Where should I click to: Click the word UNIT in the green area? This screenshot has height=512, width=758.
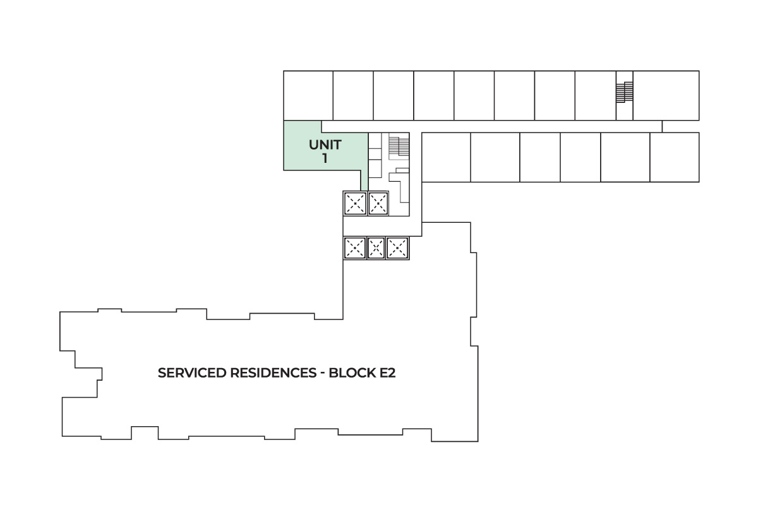[x=325, y=145]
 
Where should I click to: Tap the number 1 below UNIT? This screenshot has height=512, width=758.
[x=325, y=158]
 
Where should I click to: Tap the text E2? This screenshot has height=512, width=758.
[x=388, y=372]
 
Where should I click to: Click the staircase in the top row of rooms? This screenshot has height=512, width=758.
[x=624, y=93]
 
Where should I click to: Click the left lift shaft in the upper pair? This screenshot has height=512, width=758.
[x=354, y=203]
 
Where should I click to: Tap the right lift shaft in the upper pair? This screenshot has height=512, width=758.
[x=378, y=203]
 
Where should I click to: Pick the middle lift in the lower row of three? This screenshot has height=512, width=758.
[x=376, y=248]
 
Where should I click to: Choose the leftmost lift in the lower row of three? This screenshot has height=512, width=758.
[x=354, y=248]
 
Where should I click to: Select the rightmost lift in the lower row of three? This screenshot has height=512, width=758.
[x=397, y=248]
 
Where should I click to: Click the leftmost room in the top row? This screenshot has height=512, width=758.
[x=308, y=95]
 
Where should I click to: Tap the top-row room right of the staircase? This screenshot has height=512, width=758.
[x=666, y=95]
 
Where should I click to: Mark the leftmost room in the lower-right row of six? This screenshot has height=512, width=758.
[x=445, y=157]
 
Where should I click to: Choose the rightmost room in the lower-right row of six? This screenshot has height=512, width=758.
[x=674, y=157]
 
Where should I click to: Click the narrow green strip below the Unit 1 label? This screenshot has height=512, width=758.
[x=364, y=180]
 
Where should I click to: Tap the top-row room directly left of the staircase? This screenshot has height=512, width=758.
[x=595, y=95]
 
